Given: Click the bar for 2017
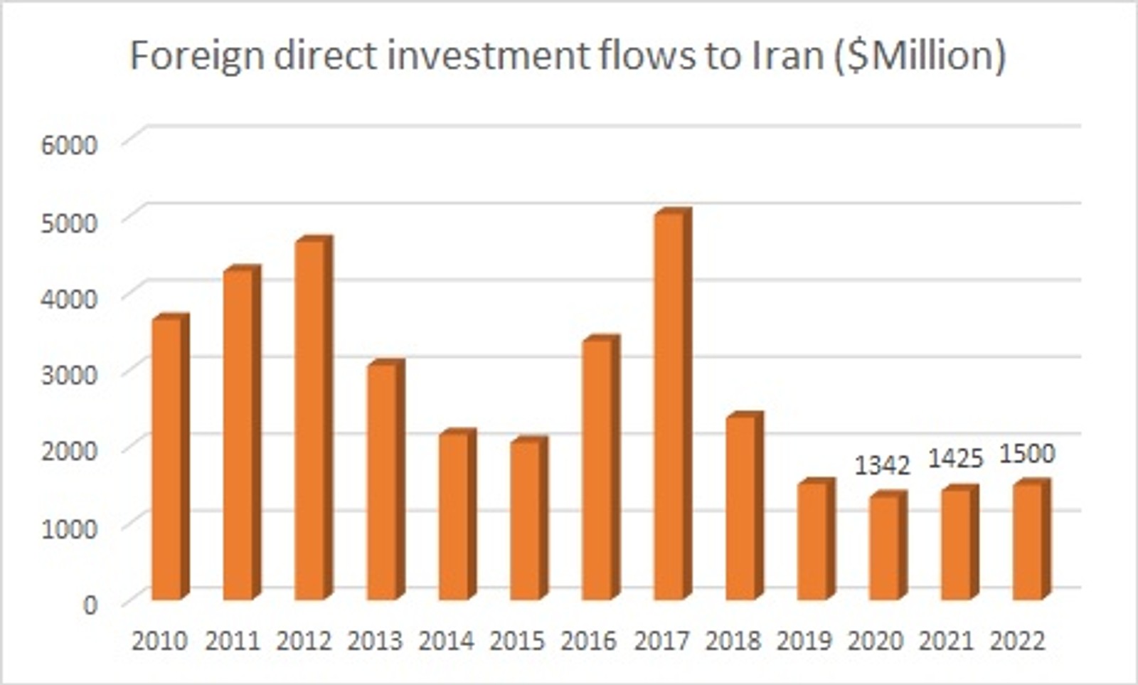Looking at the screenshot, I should coord(670,405).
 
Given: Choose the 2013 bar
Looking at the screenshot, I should coord(383,481).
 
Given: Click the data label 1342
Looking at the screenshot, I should coord(882,465).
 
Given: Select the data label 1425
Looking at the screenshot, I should coord(955,459).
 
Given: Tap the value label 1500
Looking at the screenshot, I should coord(1027,453).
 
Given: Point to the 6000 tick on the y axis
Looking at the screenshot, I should coord(69,145).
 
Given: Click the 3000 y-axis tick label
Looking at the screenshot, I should coord(69,375).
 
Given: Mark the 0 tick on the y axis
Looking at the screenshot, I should coord(90,605).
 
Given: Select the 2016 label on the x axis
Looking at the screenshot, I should coord(588,641).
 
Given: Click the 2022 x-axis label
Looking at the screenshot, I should coord(1018,641).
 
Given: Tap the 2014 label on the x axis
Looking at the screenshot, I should coord(446,641).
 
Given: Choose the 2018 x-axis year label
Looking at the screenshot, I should coord(733,641).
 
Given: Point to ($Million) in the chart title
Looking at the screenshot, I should coord(918,55).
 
